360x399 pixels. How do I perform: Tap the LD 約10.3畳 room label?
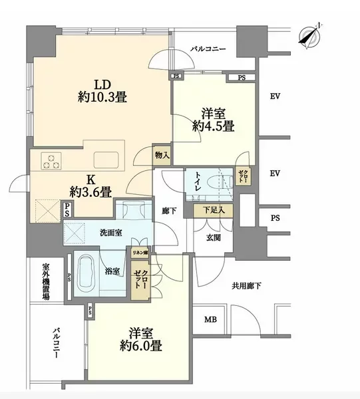click(x=101, y=90)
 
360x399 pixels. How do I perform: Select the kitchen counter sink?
click(x=107, y=160)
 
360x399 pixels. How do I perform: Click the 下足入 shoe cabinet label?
click(x=214, y=211)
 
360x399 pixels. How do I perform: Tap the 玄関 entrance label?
click(x=214, y=237)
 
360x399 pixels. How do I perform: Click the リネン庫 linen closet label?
click(x=140, y=253)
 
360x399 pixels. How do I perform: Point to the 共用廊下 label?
click(x=246, y=286)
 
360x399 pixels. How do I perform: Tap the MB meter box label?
click(x=210, y=320)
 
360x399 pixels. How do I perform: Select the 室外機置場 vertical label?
click(x=46, y=280)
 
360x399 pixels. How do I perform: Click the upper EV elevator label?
click(x=274, y=96)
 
